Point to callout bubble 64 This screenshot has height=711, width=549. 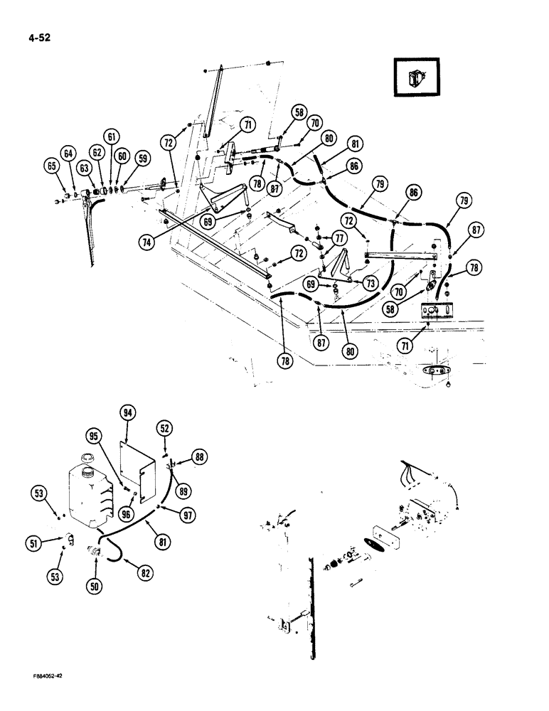(x=68, y=154)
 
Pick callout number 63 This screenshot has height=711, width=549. (x=85, y=168)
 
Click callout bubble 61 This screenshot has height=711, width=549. (x=111, y=137)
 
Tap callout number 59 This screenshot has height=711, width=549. (x=143, y=160)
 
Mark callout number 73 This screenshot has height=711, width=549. (x=370, y=283)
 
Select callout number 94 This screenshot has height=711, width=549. (x=128, y=413)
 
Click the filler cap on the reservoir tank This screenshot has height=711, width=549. (x=89, y=456)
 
